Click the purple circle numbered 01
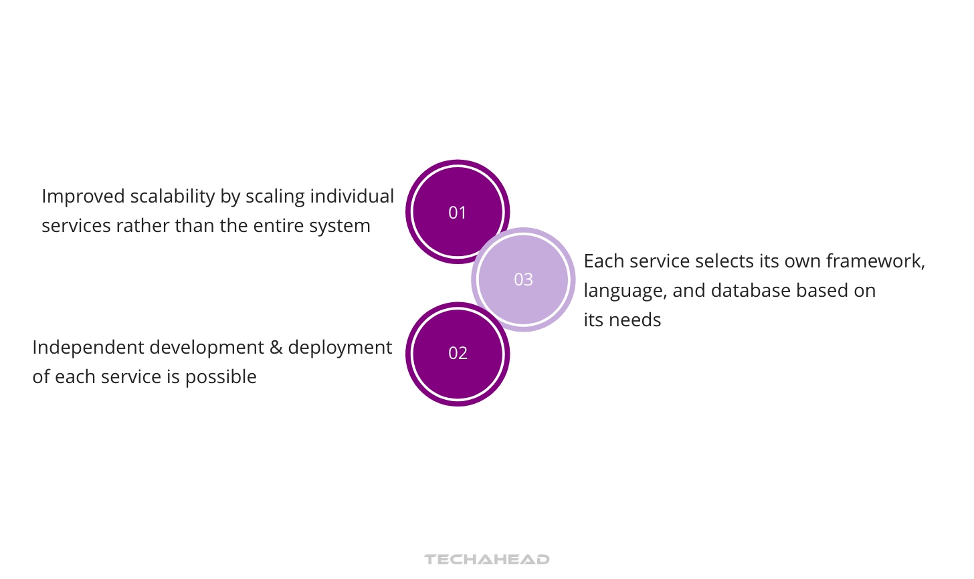pos(458,211)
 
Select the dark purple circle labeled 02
pos(458,354)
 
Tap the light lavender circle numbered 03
pos(524,279)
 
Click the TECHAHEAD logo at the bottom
pos(486,559)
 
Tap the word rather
pos(142,226)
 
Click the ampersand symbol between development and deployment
pos(276,348)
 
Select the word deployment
pos(340,348)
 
